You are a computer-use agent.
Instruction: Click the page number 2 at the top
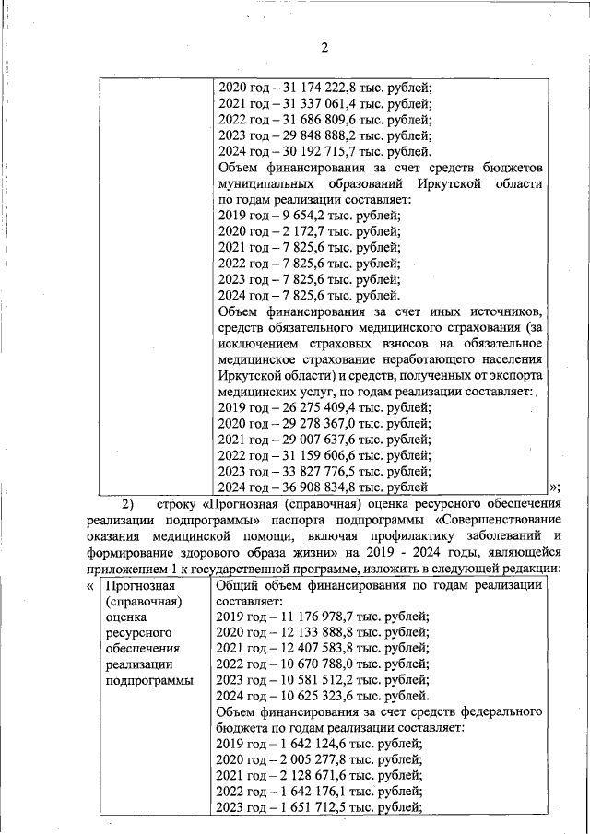(x=324, y=48)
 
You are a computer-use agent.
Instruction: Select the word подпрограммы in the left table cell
(x=149, y=681)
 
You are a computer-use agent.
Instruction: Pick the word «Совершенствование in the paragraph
(x=496, y=519)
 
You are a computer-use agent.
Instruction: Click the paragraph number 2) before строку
(x=127, y=503)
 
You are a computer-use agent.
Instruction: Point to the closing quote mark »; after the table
(x=554, y=487)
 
